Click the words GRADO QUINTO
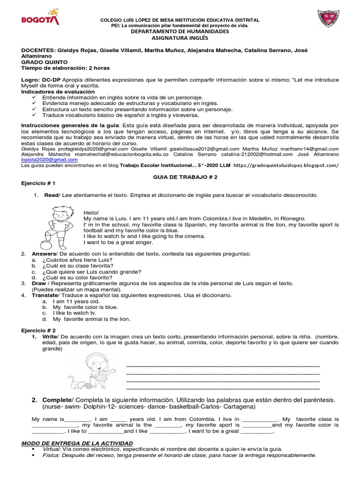45,62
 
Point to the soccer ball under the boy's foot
45,245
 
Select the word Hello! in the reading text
91,213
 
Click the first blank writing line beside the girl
223,366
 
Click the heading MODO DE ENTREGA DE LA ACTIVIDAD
77,443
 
